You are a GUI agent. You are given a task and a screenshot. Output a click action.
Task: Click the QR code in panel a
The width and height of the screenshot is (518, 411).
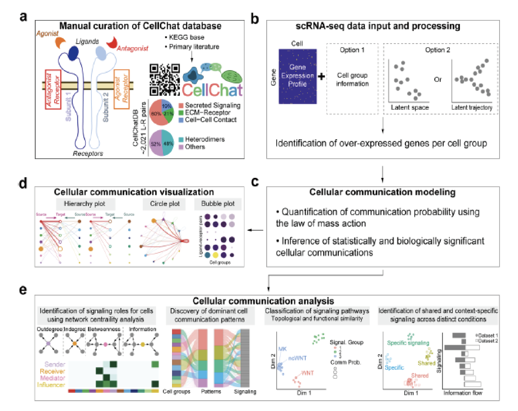165,79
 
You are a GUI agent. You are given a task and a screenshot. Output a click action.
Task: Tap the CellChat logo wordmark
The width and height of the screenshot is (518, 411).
212,90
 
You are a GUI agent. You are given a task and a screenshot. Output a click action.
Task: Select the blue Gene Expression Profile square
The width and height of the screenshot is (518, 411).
298,76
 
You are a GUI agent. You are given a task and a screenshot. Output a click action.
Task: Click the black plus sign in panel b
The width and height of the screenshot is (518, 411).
321,77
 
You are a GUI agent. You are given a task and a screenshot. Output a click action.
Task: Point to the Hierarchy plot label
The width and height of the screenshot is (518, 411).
85,204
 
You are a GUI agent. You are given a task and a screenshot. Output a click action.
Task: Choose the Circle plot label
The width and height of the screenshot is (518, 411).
165,204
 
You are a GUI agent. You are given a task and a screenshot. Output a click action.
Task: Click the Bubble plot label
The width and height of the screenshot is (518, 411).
218,204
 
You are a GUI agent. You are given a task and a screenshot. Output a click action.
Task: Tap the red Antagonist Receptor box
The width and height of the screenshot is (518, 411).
53,89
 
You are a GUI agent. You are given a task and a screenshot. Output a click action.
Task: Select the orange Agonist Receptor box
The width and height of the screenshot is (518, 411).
122,89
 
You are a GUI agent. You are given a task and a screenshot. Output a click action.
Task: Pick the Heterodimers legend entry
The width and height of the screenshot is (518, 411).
205,139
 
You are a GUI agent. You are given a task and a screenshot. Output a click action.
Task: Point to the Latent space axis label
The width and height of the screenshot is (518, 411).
410,107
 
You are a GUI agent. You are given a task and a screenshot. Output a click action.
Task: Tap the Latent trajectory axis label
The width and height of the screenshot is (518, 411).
472,107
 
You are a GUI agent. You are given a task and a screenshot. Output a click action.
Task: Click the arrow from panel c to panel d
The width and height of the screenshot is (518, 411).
255,230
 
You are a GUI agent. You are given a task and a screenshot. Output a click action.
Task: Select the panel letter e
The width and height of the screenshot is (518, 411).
23,289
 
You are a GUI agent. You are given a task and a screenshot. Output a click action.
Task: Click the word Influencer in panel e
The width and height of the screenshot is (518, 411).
51,385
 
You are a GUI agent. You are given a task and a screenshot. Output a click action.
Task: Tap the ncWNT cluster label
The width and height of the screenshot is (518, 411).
297,358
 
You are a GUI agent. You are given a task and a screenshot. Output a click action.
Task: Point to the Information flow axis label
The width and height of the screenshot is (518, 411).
462,393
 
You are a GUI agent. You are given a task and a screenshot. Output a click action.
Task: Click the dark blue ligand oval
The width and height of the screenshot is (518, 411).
73,53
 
